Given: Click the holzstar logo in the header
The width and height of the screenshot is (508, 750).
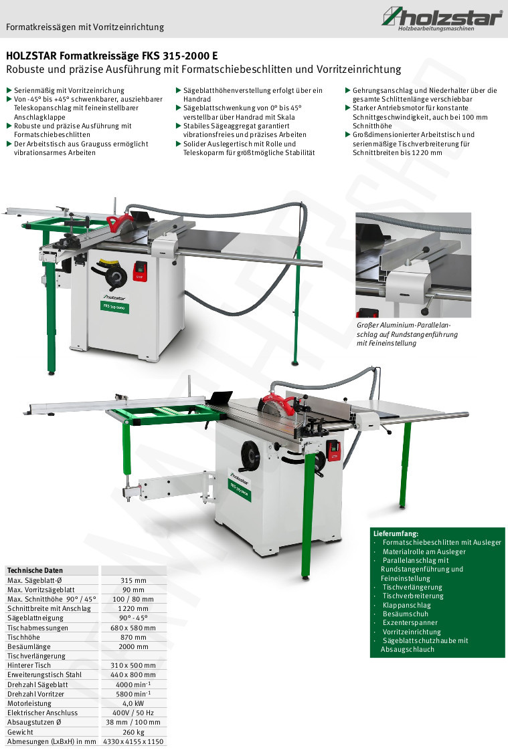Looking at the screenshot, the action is point(442,19).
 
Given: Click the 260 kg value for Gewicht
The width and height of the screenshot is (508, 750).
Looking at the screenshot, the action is point(133,732).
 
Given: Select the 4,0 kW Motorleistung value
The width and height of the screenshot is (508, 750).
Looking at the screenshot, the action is point(133,703).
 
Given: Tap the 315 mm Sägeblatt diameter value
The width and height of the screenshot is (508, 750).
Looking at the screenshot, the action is point(133,580).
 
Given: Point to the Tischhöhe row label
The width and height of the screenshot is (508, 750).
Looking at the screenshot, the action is point(23,637).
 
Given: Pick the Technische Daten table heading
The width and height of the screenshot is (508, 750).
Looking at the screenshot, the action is point(35,570).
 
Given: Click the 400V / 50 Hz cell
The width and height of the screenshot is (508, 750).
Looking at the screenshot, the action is point(133,713).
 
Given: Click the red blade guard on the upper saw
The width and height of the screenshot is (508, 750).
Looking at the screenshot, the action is point(120,223).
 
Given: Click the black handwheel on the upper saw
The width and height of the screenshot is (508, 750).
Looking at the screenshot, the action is point(115,277).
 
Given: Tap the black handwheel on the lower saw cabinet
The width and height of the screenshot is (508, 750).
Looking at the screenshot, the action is point(251,456).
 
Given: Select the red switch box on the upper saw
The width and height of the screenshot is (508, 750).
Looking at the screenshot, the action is point(140,271).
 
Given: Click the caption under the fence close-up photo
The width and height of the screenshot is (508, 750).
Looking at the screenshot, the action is point(407,334).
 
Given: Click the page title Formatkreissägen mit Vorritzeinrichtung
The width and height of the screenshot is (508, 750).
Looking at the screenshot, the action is point(85,27).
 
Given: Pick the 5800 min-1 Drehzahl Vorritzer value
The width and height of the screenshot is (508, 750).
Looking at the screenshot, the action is point(133,694).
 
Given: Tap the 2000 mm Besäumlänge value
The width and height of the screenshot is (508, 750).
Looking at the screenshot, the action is point(133,646).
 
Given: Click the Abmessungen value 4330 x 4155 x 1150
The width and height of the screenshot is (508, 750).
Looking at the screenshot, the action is point(133,741).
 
